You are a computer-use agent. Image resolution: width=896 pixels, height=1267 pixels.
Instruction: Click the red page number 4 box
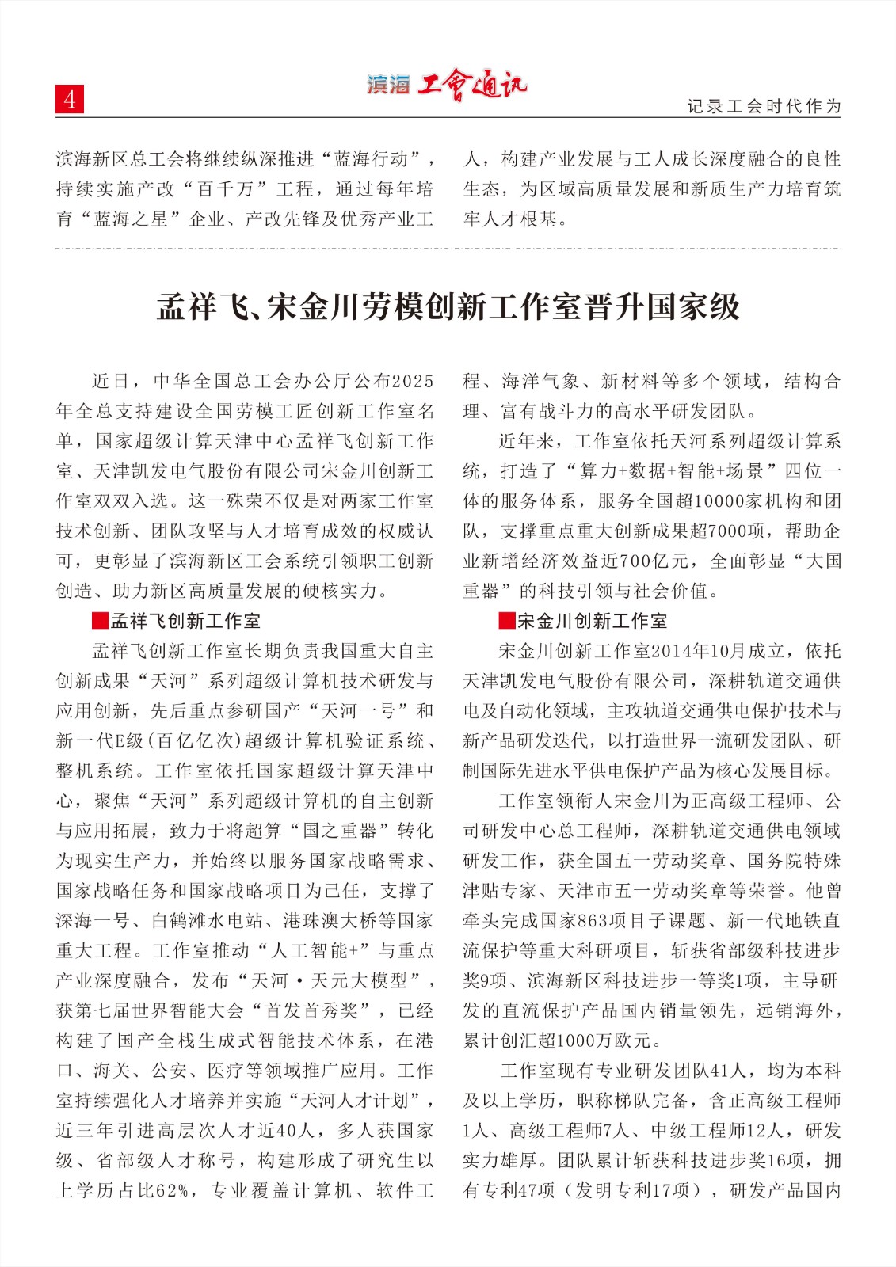pyautogui.click(x=70, y=100)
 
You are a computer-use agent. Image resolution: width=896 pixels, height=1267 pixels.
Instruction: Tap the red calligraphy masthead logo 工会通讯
pyautogui.click(x=472, y=84)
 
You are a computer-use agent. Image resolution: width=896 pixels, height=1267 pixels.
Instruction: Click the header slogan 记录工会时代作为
pyautogui.click(x=763, y=106)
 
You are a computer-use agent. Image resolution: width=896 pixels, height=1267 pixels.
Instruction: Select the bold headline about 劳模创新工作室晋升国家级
pyautogui.click(x=448, y=306)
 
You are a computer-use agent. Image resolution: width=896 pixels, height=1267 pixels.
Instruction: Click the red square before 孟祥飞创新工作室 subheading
pyautogui.click(x=100, y=621)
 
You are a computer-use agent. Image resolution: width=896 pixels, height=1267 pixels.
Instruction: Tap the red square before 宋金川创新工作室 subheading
pyautogui.click(x=507, y=621)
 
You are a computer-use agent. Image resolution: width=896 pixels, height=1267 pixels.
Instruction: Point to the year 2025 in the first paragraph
pyautogui.click(x=413, y=381)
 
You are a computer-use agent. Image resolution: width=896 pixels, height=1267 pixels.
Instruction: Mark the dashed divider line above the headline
pyautogui.click(x=448, y=249)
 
